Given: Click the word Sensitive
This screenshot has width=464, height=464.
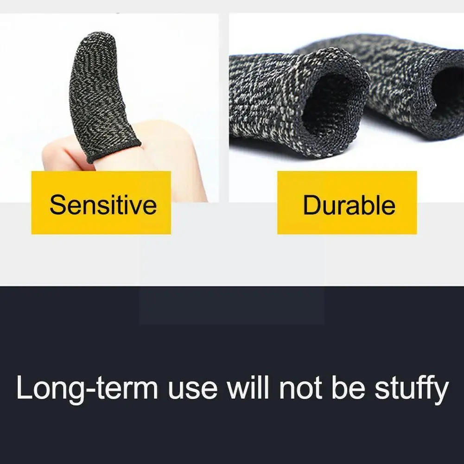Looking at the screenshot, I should tap(103, 204).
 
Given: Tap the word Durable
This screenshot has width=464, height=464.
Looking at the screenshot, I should tap(349, 205).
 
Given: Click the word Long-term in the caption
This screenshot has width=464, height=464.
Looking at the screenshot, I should tap(87, 388).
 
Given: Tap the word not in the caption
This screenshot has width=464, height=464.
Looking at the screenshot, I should tap(302, 388).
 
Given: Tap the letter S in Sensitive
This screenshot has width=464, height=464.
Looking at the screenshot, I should tap(58, 204).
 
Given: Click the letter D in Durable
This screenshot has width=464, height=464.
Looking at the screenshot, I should tap(311, 205).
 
